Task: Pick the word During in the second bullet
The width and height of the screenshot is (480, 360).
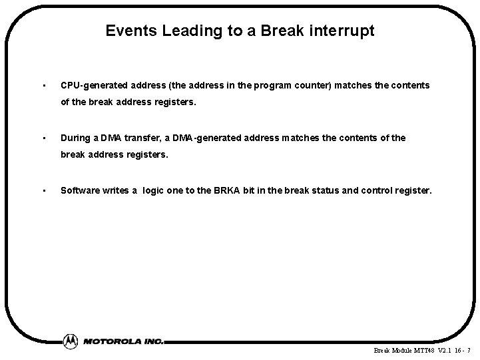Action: coord(75,138)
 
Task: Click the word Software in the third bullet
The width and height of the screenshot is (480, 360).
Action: coord(79,190)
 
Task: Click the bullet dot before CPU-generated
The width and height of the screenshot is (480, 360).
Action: coord(43,86)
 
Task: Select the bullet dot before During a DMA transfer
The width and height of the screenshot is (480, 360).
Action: coord(43,138)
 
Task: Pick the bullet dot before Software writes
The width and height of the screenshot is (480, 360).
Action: coord(43,190)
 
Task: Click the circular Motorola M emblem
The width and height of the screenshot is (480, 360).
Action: coord(70,341)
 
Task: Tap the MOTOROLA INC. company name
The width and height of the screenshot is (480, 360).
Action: coord(124,341)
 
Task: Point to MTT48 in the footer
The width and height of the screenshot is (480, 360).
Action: coord(423,350)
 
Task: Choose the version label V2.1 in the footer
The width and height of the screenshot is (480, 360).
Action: coord(444,350)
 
